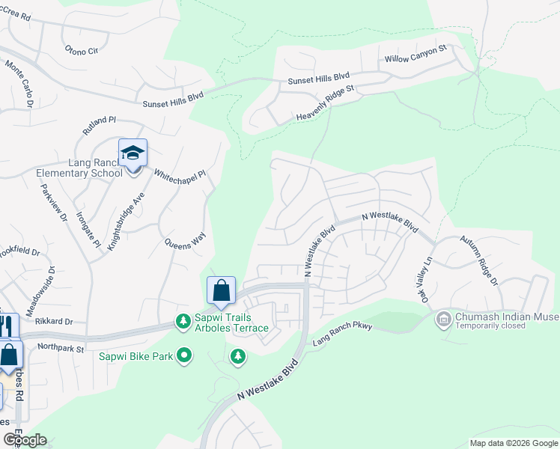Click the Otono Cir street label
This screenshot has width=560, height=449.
click(x=82, y=51)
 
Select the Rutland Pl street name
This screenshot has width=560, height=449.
click(x=100, y=124)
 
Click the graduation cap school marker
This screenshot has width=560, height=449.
click(x=133, y=153)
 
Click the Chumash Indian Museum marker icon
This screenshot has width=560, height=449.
click(x=443, y=319)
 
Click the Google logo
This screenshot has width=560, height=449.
click(x=25, y=440)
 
